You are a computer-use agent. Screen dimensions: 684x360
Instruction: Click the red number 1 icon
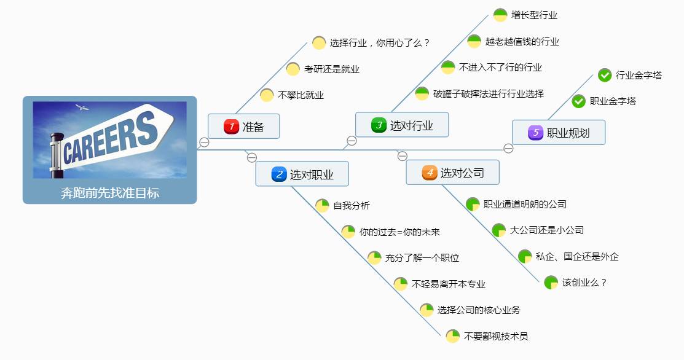click(231, 127)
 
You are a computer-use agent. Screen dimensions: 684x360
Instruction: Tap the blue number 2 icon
click(279, 174)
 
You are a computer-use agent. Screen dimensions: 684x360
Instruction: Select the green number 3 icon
click(379, 125)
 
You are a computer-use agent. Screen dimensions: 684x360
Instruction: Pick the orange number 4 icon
click(430, 173)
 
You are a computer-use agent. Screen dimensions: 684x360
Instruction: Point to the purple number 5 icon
click(536, 133)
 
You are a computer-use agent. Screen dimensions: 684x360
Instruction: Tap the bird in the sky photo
click(82, 107)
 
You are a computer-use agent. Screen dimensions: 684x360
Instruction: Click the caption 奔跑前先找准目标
click(110, 193)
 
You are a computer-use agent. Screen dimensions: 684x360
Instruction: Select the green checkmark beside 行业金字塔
click(605, 76)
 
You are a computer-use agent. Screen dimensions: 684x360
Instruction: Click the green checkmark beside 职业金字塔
click(579, 101)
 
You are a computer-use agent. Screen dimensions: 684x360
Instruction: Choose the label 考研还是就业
click(331, 69)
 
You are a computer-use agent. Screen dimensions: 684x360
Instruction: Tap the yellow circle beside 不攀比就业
click(267, 95)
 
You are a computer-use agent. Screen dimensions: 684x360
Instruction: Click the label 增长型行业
click(535, 15)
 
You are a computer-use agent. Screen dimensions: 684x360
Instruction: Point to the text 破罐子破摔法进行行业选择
click(489, 94)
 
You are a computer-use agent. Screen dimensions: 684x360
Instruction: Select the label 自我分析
click(352, 205)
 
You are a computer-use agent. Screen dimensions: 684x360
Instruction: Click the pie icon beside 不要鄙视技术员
click(453, 336)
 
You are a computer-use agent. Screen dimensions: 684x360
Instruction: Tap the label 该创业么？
click(584, 283)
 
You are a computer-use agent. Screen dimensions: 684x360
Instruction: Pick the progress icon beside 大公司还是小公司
click(499, 230)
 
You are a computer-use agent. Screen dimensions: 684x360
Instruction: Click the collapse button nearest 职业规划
click(508, 149)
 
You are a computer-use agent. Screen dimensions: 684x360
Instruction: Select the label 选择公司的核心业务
click(479, 310)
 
